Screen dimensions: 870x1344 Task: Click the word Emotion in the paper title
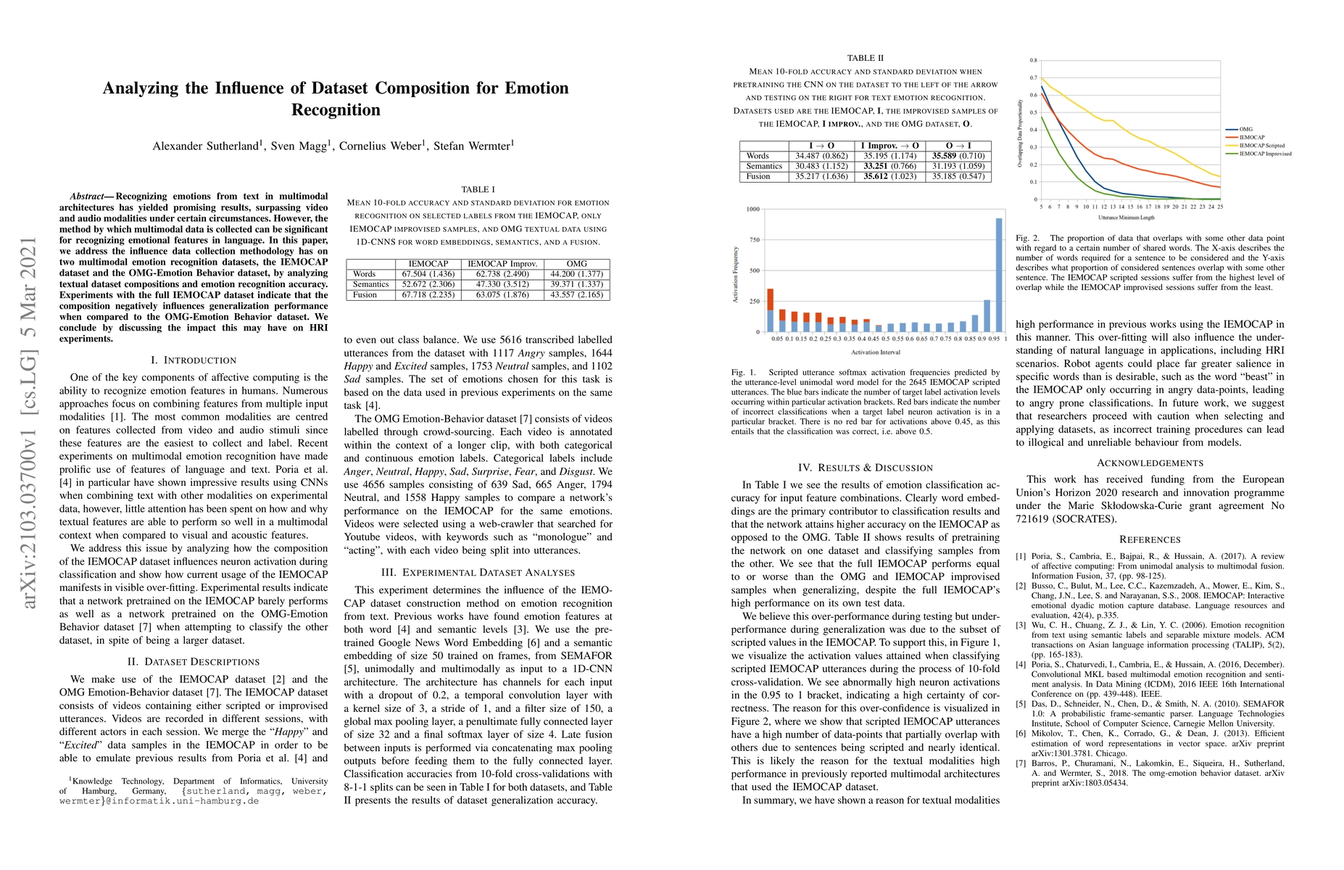(x=532, y=88)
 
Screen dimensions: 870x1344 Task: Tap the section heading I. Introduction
(x=194, y=360)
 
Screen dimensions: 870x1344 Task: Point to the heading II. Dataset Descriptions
(x=194, y=662)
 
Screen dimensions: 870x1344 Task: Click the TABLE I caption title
(x=478, y=189)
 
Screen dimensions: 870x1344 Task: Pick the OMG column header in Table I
(x=577, y=264)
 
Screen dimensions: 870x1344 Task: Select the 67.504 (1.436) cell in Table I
(x=428, y=274)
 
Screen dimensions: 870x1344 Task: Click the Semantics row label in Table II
(x=764, y=166)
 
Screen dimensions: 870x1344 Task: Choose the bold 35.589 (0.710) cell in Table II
(x=958, y=156)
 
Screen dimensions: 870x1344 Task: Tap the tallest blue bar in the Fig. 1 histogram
(x=999, y=275)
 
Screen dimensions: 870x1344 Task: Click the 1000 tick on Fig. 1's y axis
(x=752, y=210)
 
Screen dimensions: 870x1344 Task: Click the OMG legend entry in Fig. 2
(x=1245, y=129)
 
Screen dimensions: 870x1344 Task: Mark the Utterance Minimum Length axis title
(x=1126, y=217)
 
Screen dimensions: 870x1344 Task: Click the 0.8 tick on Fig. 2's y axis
(x=1034, y=60)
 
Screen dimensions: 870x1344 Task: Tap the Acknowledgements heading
(x=1150, y=463)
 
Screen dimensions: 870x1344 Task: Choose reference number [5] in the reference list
(x=1021, y=704)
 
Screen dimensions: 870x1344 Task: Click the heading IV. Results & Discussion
(x=866, y=468)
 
